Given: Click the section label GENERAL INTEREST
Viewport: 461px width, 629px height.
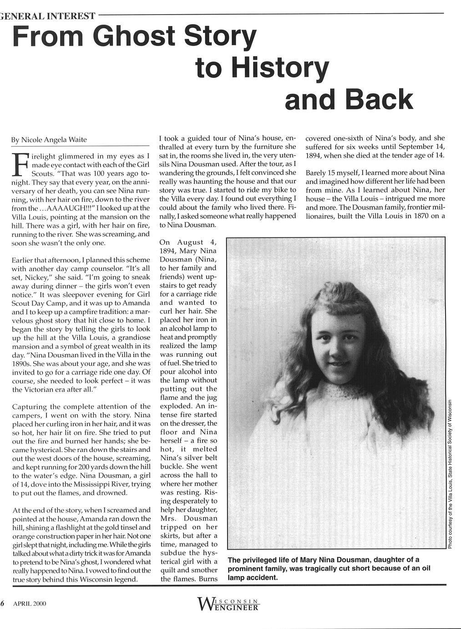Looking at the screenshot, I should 48,17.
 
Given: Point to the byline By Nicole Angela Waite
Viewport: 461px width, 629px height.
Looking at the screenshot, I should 49,139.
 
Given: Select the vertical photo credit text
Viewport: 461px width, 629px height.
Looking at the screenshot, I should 450,474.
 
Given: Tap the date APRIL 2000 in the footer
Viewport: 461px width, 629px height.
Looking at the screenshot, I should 30,603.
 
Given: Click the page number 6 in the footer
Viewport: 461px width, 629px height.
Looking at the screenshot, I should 2,603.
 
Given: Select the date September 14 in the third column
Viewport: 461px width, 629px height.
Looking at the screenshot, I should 422,147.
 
